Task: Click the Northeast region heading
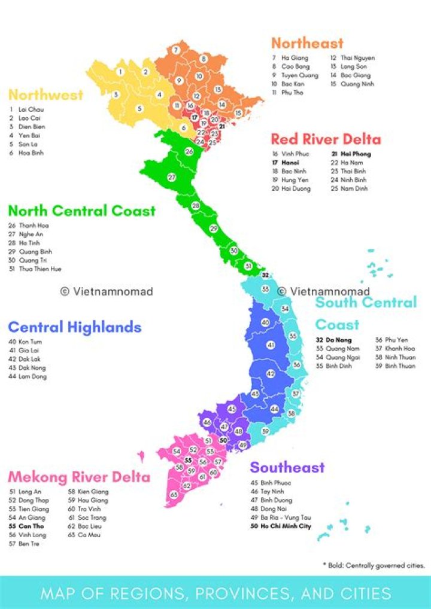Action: (x=307, y=43)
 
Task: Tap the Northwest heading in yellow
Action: (x=45, y=95)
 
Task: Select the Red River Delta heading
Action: (x=326, y=140)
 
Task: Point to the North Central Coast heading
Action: (x=81, y=211)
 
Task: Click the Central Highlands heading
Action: (x=74, y=327)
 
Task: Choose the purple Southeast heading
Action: (x=287, y=468)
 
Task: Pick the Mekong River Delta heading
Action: (x=78, y=477)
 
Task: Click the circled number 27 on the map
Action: (x=171, y=178)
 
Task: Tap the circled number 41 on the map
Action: (x=271, y=345)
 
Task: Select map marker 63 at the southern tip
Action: (x=174, y=495)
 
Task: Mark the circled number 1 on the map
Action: (x=120, y=72)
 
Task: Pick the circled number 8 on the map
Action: (x=204, y=59)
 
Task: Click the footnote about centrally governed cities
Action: (x=374, y=565)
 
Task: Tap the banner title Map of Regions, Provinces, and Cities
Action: (x=215, y=593)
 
